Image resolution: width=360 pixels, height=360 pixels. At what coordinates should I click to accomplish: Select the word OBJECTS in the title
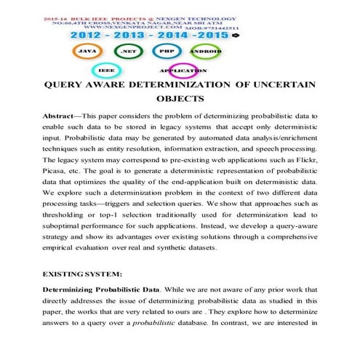click(x=180, y=100)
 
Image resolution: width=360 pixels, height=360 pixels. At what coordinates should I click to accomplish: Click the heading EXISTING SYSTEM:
click(x=82, y=277)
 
